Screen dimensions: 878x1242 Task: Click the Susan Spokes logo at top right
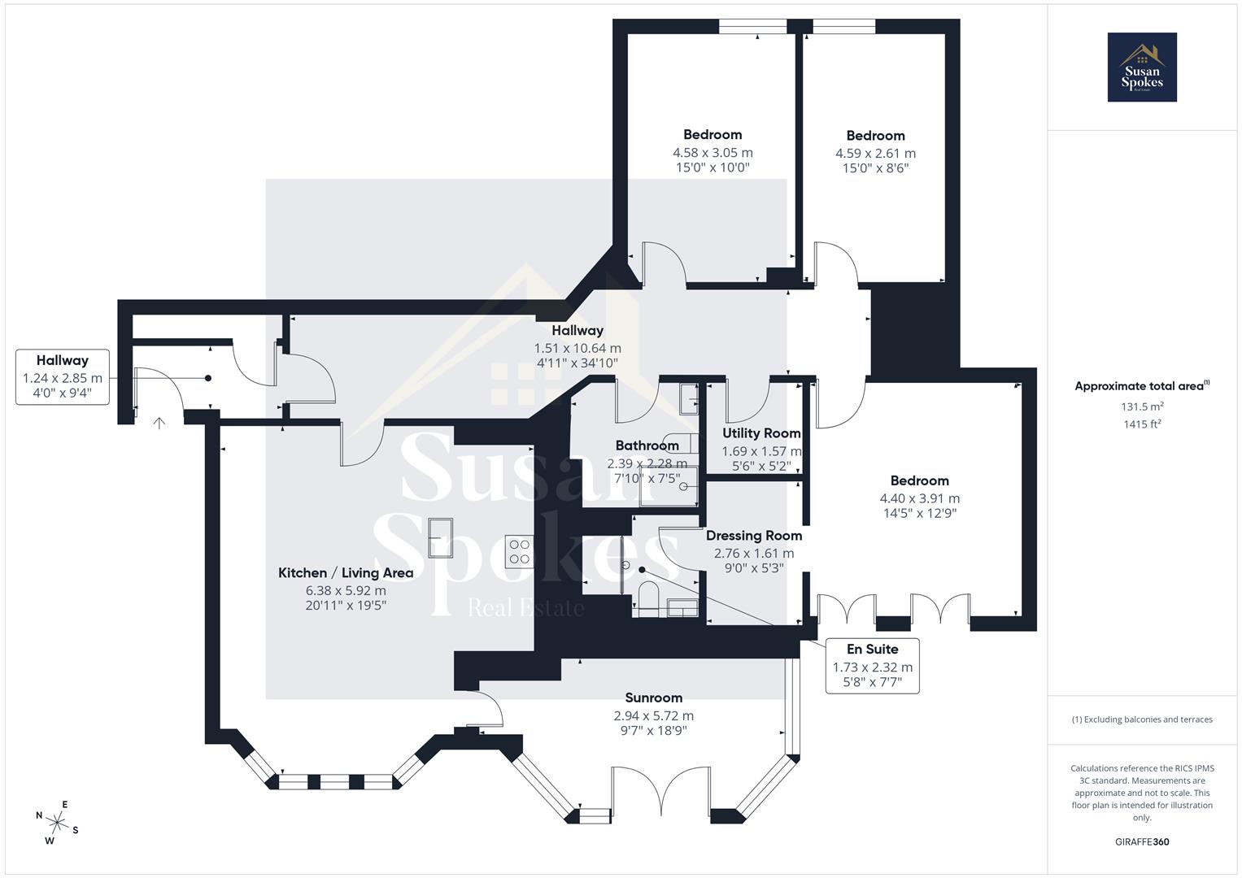click(x=1141, y=67)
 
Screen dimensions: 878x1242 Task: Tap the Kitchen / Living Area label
click(x=346, y=573)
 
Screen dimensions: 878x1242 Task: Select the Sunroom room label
click(x=653, y=698)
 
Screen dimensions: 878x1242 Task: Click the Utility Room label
click(x=761, y=433)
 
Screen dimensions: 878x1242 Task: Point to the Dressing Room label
click(x=753, y=536)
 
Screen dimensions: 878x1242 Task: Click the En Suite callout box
click(x=872, y=665)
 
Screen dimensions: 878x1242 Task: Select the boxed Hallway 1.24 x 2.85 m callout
click(x=63, y=376)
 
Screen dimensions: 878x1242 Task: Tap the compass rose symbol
click(x=57, y=821)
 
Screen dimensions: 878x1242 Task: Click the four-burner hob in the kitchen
click(x=519, y=551)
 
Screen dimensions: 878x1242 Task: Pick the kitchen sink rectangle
click(x=442, y=538)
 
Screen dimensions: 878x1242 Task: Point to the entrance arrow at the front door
click(x=159, y=424)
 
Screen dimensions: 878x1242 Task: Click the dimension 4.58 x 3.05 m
click(x=713, y=153)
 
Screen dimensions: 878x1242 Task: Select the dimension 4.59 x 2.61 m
click(x=875, y=154)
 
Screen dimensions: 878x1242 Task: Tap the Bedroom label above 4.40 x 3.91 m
click(x=919, y=480)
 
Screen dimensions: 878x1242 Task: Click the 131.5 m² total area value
click(x=1141, y=406)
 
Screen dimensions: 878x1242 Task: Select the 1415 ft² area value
click(x=1141, y=424)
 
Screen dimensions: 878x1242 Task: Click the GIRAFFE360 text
click(x=1141, y=841)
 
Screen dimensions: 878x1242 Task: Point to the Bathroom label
click(x=647, y=446)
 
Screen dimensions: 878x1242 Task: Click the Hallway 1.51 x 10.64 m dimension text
click(x=577, y=348)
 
